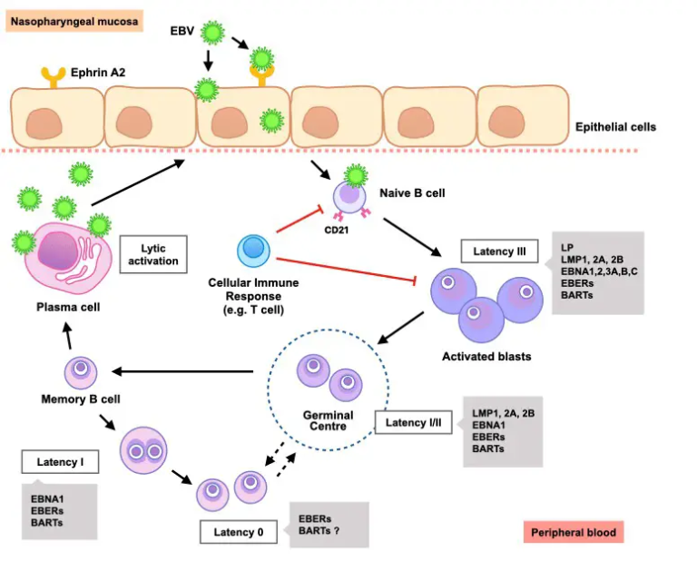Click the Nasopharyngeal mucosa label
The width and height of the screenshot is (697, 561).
[x=75, y=19]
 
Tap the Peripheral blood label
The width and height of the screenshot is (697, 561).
[x=574, y=532]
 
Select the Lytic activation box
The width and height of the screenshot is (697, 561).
[x=153, y=253]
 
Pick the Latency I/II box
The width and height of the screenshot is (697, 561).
[x=415, y=423]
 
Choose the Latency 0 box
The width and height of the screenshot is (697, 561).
[x=239, y=532]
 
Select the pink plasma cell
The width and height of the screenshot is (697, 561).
[x=64, y=255]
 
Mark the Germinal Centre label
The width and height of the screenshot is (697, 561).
[x=328, y=421]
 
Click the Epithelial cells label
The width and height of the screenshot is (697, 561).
[x=615, y=127]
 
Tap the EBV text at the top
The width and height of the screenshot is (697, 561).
[x=182, y=32]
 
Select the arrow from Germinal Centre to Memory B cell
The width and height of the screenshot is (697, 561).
[x=182, y=370]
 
